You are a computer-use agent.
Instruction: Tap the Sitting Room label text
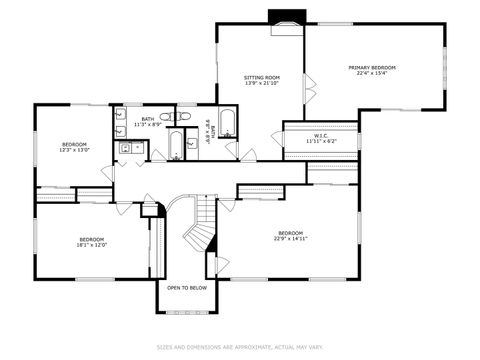[x=262, y=76]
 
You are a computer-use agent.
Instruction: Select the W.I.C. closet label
[x=321, y=135]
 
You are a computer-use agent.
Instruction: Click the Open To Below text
[x=187, y=287]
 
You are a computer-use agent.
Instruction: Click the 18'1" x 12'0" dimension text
[x=92, y=244]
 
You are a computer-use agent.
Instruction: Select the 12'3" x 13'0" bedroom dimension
[x=75, y=150]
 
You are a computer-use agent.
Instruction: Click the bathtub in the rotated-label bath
[x=228, y=124]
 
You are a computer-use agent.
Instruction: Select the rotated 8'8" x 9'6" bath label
[x=208, y=128]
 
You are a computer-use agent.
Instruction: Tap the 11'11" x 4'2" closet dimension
[x=321, y=141]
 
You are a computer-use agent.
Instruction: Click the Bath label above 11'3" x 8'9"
[x=148, y=119]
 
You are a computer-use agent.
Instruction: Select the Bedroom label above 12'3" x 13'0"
[x=75, y=144]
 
